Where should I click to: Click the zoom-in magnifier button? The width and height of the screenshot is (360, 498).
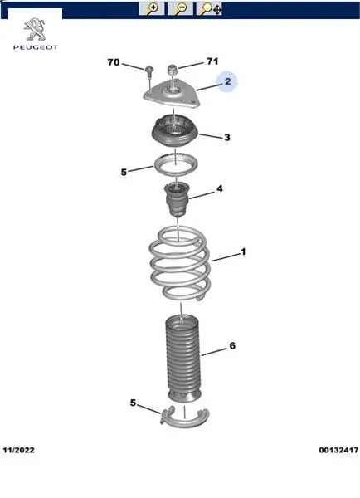(152, 8)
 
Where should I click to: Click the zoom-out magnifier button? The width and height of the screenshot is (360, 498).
(180, 8)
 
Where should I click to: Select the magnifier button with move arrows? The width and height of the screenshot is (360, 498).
(209, 8)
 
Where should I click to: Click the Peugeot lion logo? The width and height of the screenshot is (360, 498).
(35, 30)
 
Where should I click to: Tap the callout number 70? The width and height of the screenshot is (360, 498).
(114, 62)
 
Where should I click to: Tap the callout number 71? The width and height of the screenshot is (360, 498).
(212, 61)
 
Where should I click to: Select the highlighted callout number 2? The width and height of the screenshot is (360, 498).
(227, 81)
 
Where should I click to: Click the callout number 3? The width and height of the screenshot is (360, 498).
(227, 137)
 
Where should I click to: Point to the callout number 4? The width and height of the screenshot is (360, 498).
(220, 188)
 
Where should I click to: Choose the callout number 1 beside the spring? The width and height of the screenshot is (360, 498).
(243, 251)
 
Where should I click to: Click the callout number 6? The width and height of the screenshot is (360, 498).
(232, 345)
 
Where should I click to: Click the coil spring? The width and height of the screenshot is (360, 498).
(180, 264)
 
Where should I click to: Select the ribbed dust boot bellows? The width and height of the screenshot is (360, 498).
(183, 359)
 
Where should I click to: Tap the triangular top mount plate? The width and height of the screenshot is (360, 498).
(172, 93)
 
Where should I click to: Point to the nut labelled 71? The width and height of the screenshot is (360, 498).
(172, 69)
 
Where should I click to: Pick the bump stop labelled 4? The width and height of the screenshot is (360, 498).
(177, 199)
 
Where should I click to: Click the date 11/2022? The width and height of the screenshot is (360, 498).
(19, 450)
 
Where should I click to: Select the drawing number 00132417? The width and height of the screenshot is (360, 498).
(338, 450)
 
